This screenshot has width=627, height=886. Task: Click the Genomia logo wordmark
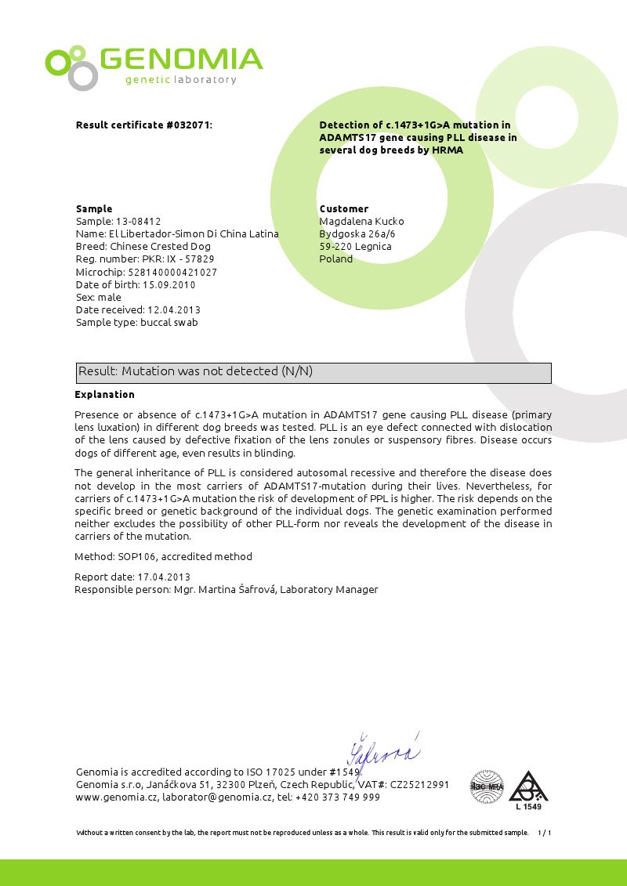tap(181, 60)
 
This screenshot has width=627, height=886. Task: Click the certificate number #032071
tap(189, 125)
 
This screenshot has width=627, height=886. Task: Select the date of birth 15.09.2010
tap(169, 284)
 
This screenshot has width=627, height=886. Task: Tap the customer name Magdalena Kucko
tap(361, 222)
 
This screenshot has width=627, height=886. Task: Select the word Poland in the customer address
tap(336, 259)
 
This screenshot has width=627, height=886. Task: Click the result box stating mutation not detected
tap(313, 372)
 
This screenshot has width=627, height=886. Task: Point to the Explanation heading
tap(104, 395)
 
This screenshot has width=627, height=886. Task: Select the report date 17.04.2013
tap(164, 577)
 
